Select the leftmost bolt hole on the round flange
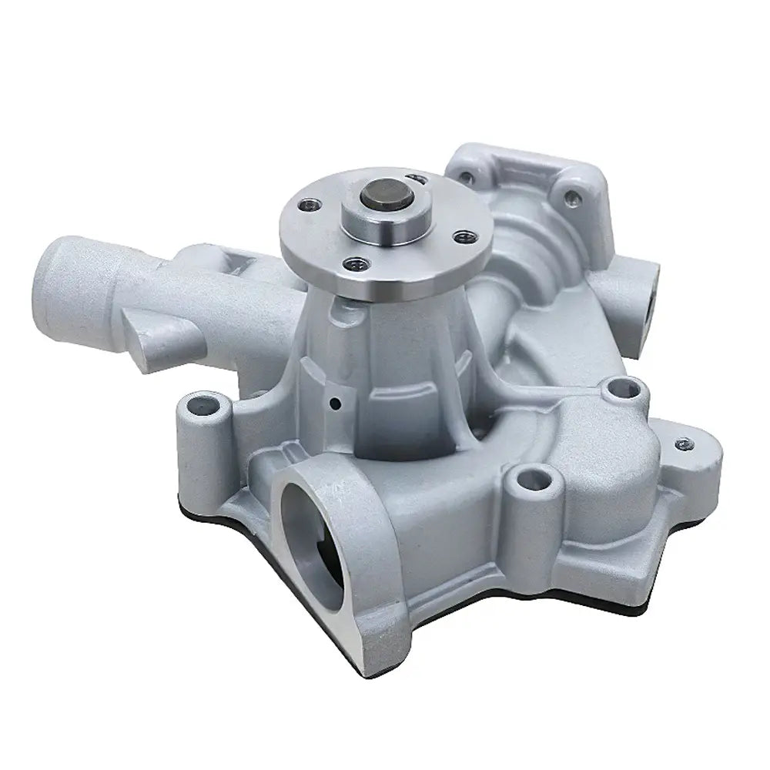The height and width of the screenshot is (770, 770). coord(310,206)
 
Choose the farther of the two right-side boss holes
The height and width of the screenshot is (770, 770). coord(617,389)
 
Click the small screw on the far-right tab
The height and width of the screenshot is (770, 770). coord(684,444)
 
